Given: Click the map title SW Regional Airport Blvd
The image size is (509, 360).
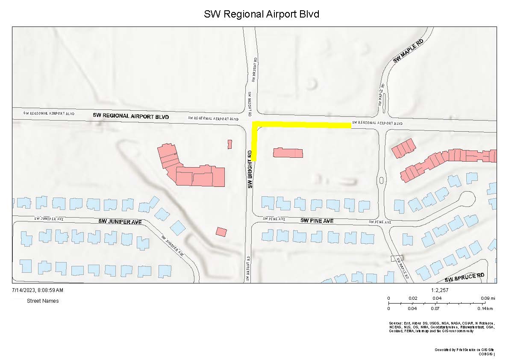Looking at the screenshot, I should coord(262,14).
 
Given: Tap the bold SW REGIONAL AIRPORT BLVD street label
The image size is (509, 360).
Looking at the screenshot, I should coord(131,116).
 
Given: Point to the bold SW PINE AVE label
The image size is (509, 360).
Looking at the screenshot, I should coord(317,221).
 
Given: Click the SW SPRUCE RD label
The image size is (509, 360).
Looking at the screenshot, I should coord(465,277).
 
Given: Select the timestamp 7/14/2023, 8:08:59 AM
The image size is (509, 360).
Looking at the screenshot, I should coord(37,290).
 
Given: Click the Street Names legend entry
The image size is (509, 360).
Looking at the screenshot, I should coord(43,301).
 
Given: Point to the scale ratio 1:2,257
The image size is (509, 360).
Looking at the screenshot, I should coord(440,290).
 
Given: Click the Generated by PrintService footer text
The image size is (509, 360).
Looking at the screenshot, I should coord(464,352).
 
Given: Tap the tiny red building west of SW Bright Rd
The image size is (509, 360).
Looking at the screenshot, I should coord(229,144).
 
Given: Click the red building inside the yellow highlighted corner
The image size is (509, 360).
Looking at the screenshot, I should coord(288,153).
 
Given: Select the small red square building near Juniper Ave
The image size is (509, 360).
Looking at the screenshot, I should coord(221,232).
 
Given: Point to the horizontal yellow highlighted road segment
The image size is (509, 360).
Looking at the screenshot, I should coord(303,125).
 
